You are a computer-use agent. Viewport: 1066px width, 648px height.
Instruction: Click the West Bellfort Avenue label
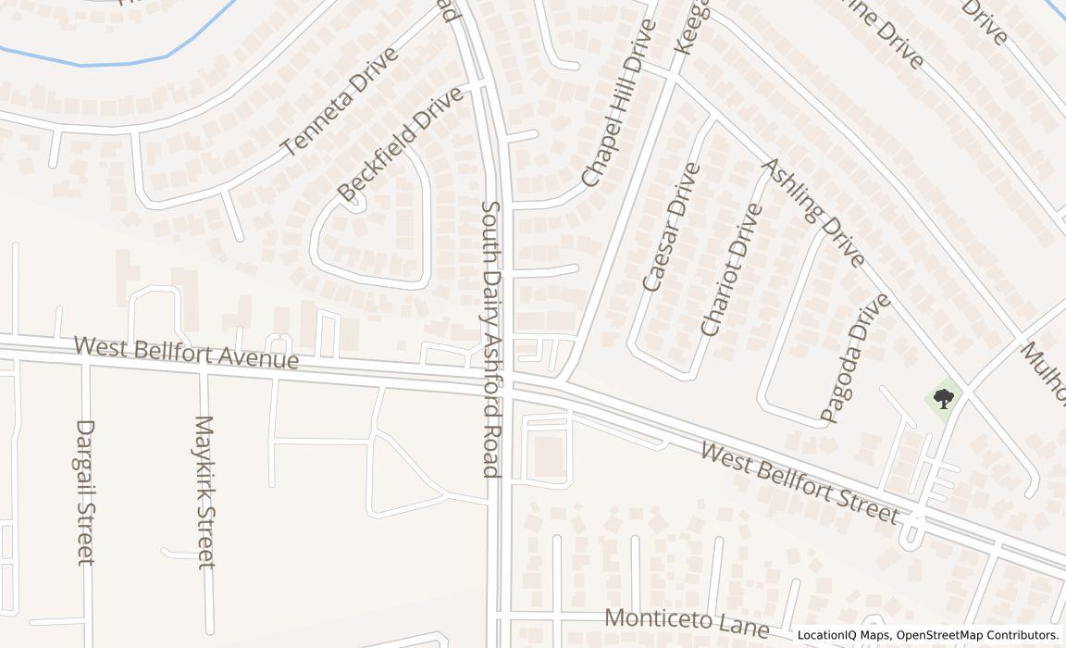point(186,353)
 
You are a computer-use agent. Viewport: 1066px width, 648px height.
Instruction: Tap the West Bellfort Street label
point(799,482)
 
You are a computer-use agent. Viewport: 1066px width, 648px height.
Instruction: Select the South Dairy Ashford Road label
point(491,339)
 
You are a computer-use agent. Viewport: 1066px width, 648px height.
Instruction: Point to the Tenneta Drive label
point(340,101)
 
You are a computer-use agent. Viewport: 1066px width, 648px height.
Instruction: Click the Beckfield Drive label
point(400,144)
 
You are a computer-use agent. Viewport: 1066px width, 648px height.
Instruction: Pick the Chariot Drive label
point(732,269)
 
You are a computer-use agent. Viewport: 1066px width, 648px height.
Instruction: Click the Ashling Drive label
point(812,212)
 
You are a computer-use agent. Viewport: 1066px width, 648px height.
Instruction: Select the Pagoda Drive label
point(856,357)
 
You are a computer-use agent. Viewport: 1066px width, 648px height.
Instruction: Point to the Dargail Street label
point(85,492)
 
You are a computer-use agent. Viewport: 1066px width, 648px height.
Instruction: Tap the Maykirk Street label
point(205,492)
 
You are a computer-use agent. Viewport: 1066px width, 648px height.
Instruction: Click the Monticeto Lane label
point(687,622)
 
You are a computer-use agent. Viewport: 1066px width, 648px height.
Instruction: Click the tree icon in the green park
point(943,400)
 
